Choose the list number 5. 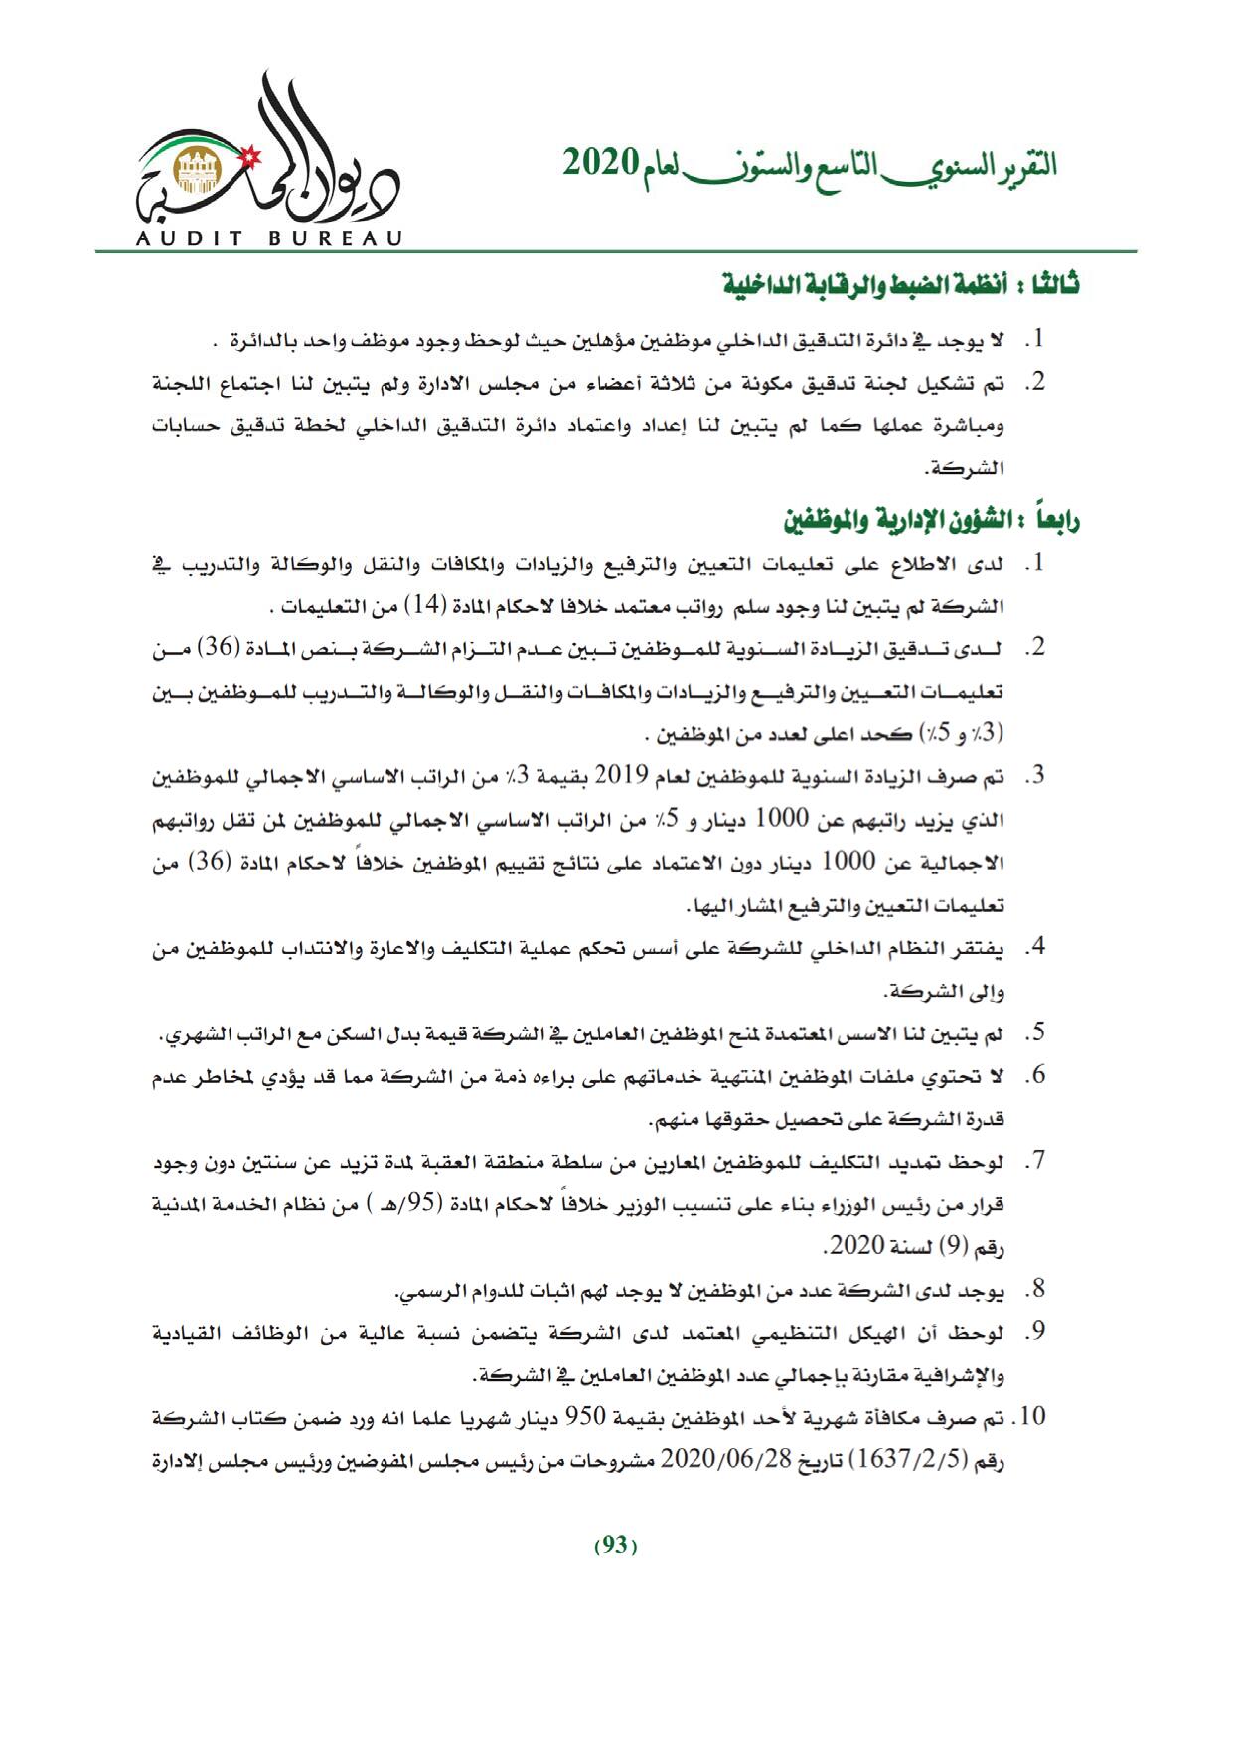point(1038,1034)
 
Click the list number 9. point(1038,1332)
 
